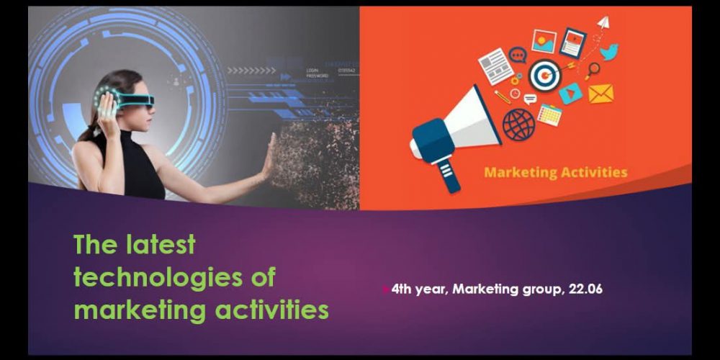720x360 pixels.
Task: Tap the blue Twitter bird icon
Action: (609, 52)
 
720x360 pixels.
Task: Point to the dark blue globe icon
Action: (518, 125)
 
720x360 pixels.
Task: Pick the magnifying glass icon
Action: (593, 70)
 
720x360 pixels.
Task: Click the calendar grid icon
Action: (549, 114)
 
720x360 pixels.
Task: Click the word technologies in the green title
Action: (154, 278)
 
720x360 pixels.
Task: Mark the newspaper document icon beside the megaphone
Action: (496, 66)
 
